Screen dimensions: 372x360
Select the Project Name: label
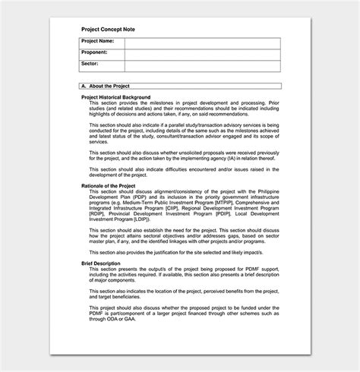click(99, 41)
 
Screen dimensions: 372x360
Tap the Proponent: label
click(96, 52)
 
